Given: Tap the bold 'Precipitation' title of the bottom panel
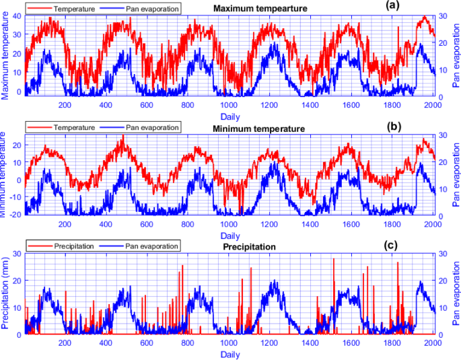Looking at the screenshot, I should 249,247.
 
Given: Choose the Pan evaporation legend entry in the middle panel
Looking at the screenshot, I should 153,127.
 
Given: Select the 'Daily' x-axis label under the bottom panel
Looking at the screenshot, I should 229,355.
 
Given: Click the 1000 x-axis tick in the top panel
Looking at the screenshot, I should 229,105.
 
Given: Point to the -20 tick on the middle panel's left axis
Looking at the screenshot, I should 16,215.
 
